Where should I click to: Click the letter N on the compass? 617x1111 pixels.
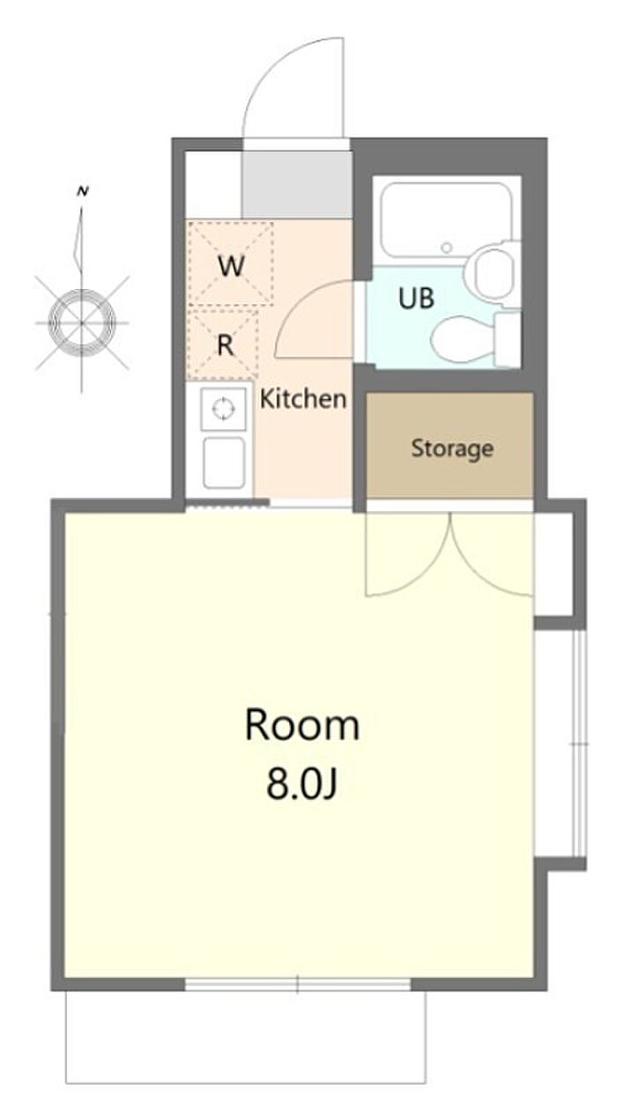(x=82, y=191)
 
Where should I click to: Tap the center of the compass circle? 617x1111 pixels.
(x=82, y=322)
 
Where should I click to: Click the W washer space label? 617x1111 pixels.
(x=231, y=266)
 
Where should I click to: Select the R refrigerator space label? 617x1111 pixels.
(x=226, y=344)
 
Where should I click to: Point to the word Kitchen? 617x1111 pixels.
(x=303, y=399)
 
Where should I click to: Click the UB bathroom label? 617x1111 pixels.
(x=416, y=298)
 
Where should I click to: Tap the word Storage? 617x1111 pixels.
(x=452, y=449)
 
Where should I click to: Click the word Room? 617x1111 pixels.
(x=302, y=726)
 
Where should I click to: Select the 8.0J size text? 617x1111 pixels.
(x=301, y=785)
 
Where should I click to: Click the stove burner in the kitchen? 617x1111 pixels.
(x=223, y=409)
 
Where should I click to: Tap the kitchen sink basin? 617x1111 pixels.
(x=224, y=463)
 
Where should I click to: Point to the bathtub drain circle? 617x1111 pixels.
(x=447, y=247)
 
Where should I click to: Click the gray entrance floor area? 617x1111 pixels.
(x=297, y=184)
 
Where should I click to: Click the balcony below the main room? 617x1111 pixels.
(x=245, y=1044)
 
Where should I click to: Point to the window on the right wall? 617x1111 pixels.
(x=579, y=744)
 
